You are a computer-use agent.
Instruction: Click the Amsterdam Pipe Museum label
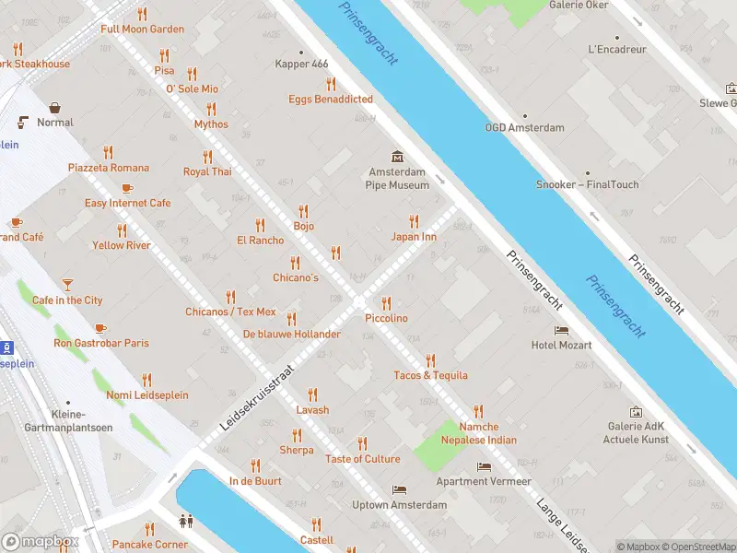point(397,179)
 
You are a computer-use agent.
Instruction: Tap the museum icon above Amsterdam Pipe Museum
point(397,156)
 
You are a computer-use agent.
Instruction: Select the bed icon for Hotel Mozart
point(561,330)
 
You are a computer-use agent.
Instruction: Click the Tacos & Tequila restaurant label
point(430,375)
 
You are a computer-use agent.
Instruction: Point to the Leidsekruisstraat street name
point(257,396)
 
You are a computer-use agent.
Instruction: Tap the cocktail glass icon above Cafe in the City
point(67,284)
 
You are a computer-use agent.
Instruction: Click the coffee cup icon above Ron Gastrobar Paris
point(100,327)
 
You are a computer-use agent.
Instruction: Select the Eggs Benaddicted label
point(331,100)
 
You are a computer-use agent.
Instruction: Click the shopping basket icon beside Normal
point(55,108)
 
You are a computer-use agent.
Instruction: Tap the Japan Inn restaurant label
point(414,237)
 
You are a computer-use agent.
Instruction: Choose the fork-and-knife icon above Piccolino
point(386,302)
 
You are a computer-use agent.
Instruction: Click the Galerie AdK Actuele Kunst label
point(636,432)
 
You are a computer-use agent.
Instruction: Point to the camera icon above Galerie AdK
point(636,411)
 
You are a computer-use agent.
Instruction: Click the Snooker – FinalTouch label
point(588,184)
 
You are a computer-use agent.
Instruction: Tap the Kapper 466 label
point(301,64)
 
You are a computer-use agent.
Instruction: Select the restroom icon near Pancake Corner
point(187,520)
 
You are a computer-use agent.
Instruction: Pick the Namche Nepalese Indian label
point(478,433)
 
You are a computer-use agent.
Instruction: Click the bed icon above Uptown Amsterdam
point(399,489)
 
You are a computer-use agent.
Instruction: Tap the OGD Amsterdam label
point(524,127)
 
